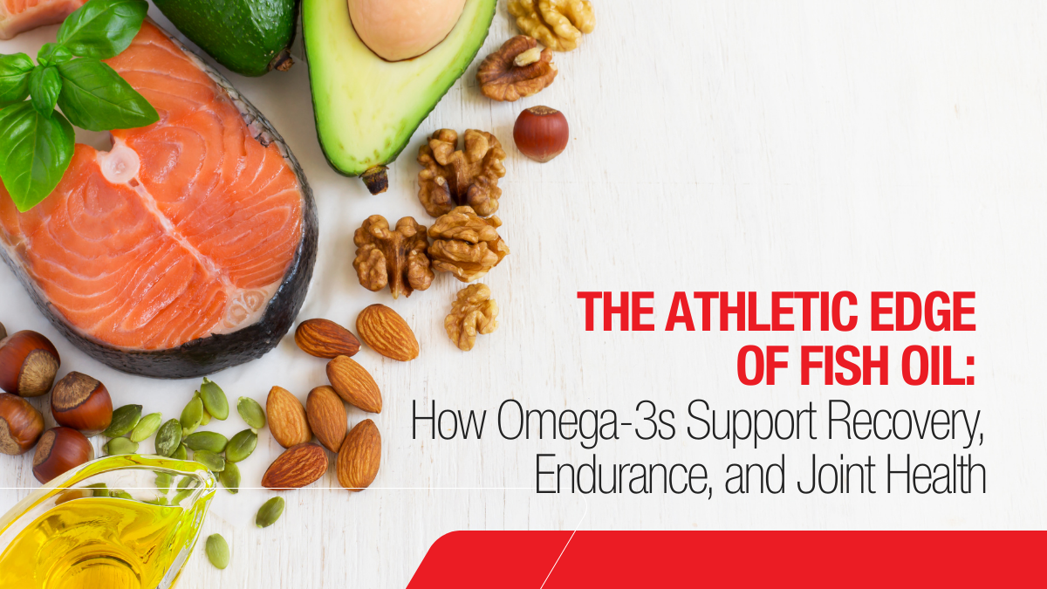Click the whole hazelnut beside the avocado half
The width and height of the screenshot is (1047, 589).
540,133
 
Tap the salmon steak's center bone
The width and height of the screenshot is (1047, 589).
122,162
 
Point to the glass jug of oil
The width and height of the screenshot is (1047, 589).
96,532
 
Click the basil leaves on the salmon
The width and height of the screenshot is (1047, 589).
65,96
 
